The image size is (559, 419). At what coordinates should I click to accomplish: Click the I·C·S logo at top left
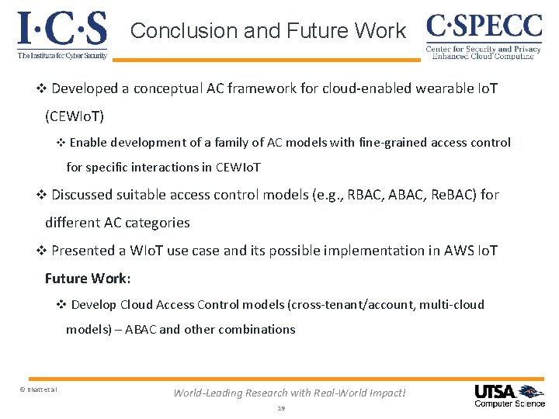pos(62,29)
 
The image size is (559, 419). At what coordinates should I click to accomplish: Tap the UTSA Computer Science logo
pos(509,395)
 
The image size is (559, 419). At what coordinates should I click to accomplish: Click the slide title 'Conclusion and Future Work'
pos(268,31)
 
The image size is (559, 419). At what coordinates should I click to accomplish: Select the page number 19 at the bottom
pos(280,407)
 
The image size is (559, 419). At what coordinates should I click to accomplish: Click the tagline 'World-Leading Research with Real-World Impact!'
pos(289,393)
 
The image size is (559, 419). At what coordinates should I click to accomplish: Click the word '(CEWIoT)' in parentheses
pos(75,116)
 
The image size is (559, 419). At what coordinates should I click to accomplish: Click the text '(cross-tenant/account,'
pos(351,304)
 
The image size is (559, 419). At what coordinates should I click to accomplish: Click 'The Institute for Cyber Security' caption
pos(61,55)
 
